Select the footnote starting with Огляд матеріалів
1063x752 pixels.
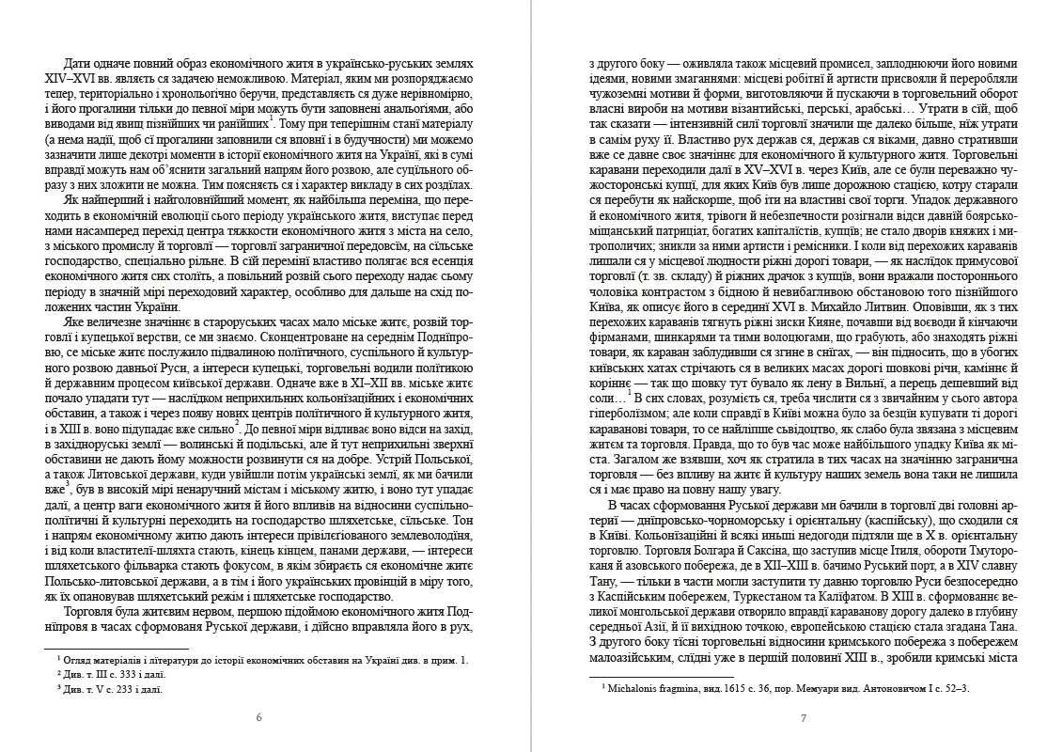pos(263,662)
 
